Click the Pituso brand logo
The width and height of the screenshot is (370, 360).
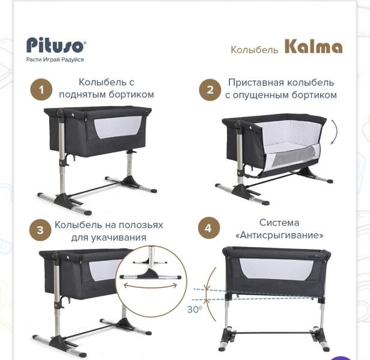point(56,46)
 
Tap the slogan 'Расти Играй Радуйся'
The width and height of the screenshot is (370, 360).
point(55,60)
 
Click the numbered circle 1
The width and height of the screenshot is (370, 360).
point(41,90)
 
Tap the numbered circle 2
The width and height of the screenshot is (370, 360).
point(210,91)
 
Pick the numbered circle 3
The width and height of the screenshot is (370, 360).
point(40,230)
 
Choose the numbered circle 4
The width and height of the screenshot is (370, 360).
point(208,229)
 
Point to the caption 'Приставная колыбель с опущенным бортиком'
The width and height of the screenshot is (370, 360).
point(281,89)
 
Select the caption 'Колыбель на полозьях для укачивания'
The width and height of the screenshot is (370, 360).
point(108,230)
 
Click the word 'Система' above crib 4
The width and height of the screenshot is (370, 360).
point(279,223)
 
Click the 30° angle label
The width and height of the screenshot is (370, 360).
point(194,310)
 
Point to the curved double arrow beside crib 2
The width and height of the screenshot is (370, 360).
point(333,133)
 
